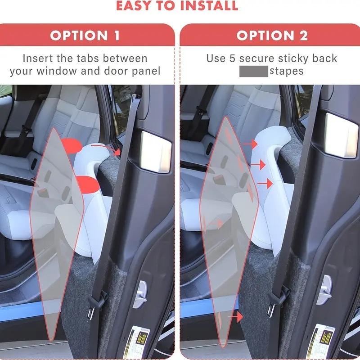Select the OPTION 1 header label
(x=85, y=36)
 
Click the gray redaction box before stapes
(x=254, y=71)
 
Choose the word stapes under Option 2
(x=287, y=71)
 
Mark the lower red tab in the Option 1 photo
(x=87, y=184)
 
